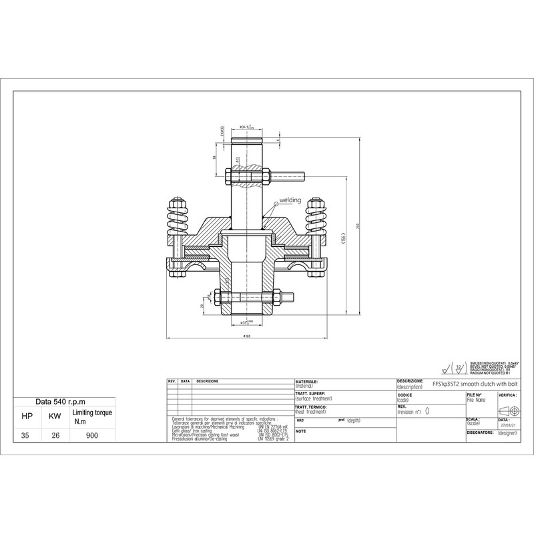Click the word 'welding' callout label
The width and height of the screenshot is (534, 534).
pyautogui.click(x=290, y=200)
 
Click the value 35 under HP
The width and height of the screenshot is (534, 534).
pyautogui.click(x=26, y=435)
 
